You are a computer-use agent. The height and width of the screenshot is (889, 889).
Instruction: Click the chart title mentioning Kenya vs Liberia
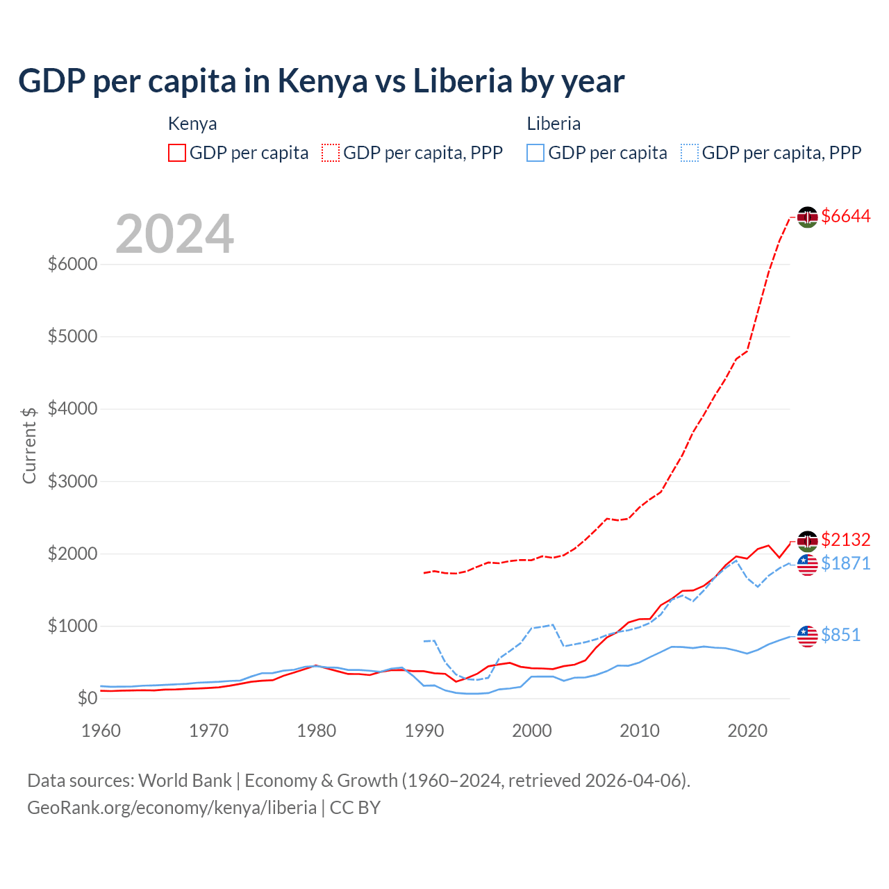321,81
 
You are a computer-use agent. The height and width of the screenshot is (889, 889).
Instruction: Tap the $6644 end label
845,216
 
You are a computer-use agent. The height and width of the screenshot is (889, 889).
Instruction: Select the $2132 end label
845,540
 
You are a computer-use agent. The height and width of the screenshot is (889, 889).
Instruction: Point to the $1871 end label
845,563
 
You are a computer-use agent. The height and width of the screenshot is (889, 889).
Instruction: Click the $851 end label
840,635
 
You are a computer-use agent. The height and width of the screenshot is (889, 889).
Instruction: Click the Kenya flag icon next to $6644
807,217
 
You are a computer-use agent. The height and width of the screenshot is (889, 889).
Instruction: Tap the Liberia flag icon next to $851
807,635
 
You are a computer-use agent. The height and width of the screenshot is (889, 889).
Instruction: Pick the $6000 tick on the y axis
72,265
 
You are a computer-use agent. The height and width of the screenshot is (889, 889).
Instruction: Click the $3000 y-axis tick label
72,481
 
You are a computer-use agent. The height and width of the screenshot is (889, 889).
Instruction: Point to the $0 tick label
87,698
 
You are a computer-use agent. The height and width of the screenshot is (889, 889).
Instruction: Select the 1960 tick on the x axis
101,731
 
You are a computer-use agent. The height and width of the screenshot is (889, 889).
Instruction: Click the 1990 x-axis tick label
424,731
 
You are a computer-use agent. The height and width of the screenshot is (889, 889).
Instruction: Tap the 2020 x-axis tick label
747,731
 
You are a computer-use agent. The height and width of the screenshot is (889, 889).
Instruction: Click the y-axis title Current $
29,445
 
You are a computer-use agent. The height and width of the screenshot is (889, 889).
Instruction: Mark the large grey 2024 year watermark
174,234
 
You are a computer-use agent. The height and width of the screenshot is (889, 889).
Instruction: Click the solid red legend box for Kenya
177,153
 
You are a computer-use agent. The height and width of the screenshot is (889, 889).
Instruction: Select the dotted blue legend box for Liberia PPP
690,153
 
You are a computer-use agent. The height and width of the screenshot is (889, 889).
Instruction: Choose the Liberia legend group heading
554,124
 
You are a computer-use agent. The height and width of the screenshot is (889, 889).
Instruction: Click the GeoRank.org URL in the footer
172,808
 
